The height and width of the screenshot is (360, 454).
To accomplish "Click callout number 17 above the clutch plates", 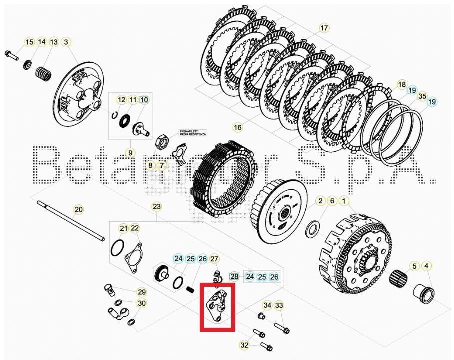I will click(324, 28).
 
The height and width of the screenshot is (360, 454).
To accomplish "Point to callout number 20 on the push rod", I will click(78, 210).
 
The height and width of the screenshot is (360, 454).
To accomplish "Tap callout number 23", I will click(157, 206).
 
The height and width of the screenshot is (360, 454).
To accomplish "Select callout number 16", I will click(237, 128).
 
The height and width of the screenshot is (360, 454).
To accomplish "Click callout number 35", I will click(422, 96).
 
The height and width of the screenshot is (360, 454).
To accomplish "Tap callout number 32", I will click(244, 345).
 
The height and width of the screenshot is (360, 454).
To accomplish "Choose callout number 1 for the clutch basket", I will click(343, 201).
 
